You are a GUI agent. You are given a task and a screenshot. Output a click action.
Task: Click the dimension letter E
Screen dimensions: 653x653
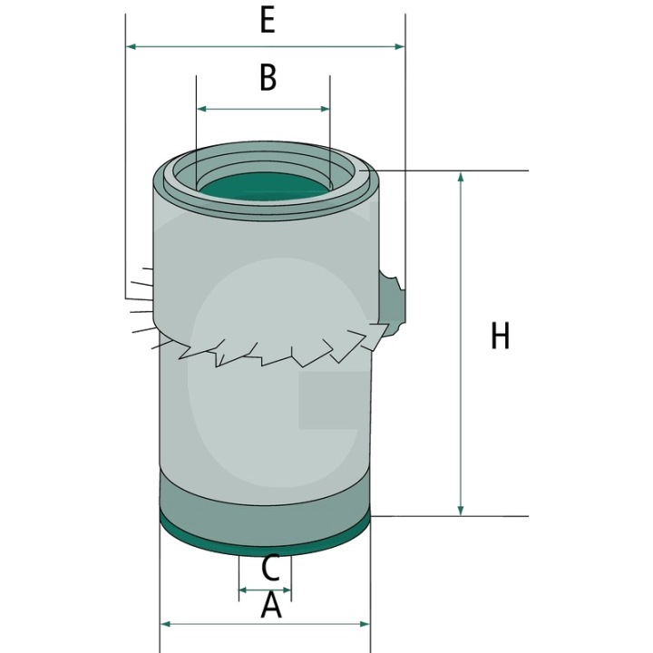click(x=268, y=21)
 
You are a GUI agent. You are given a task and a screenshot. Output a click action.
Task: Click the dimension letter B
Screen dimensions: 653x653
click(x=268, y=78)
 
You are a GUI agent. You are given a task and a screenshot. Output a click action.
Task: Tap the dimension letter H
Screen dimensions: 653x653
click(x=500, y=336)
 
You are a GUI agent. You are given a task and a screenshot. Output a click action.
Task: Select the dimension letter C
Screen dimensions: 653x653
click(x=270, y=569)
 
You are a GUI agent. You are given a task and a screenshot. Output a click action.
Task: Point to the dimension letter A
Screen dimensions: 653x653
click(x=271, y=606)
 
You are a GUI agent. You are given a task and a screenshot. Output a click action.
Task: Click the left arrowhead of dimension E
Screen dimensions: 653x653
click(x=132, y=46)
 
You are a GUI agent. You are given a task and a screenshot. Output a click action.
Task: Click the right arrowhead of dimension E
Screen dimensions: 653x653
click(x=399, y=46)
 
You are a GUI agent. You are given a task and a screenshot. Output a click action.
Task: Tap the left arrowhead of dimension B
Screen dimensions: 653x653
click(x=202, y=109)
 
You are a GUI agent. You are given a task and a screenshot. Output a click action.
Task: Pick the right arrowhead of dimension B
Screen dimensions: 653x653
click(x=324, y=109)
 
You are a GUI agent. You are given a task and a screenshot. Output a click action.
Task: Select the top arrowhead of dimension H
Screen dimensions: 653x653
click(x=460, y=177)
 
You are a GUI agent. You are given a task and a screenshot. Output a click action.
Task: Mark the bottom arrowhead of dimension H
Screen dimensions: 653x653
click(x=460, y=510)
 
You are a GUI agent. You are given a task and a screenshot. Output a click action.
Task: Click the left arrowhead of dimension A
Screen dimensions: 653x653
click(x=166, y=624)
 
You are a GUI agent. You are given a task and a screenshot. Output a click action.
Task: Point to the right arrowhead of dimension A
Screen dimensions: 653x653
click(x=365, y=624)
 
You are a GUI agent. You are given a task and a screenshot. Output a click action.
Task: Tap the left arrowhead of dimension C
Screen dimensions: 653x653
click(x=244, y=590)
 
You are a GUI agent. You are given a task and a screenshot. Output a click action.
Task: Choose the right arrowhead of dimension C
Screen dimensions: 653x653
click(x=287, y=590)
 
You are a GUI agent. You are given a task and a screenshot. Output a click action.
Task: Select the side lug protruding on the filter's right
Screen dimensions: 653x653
click(x=392, y=299)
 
